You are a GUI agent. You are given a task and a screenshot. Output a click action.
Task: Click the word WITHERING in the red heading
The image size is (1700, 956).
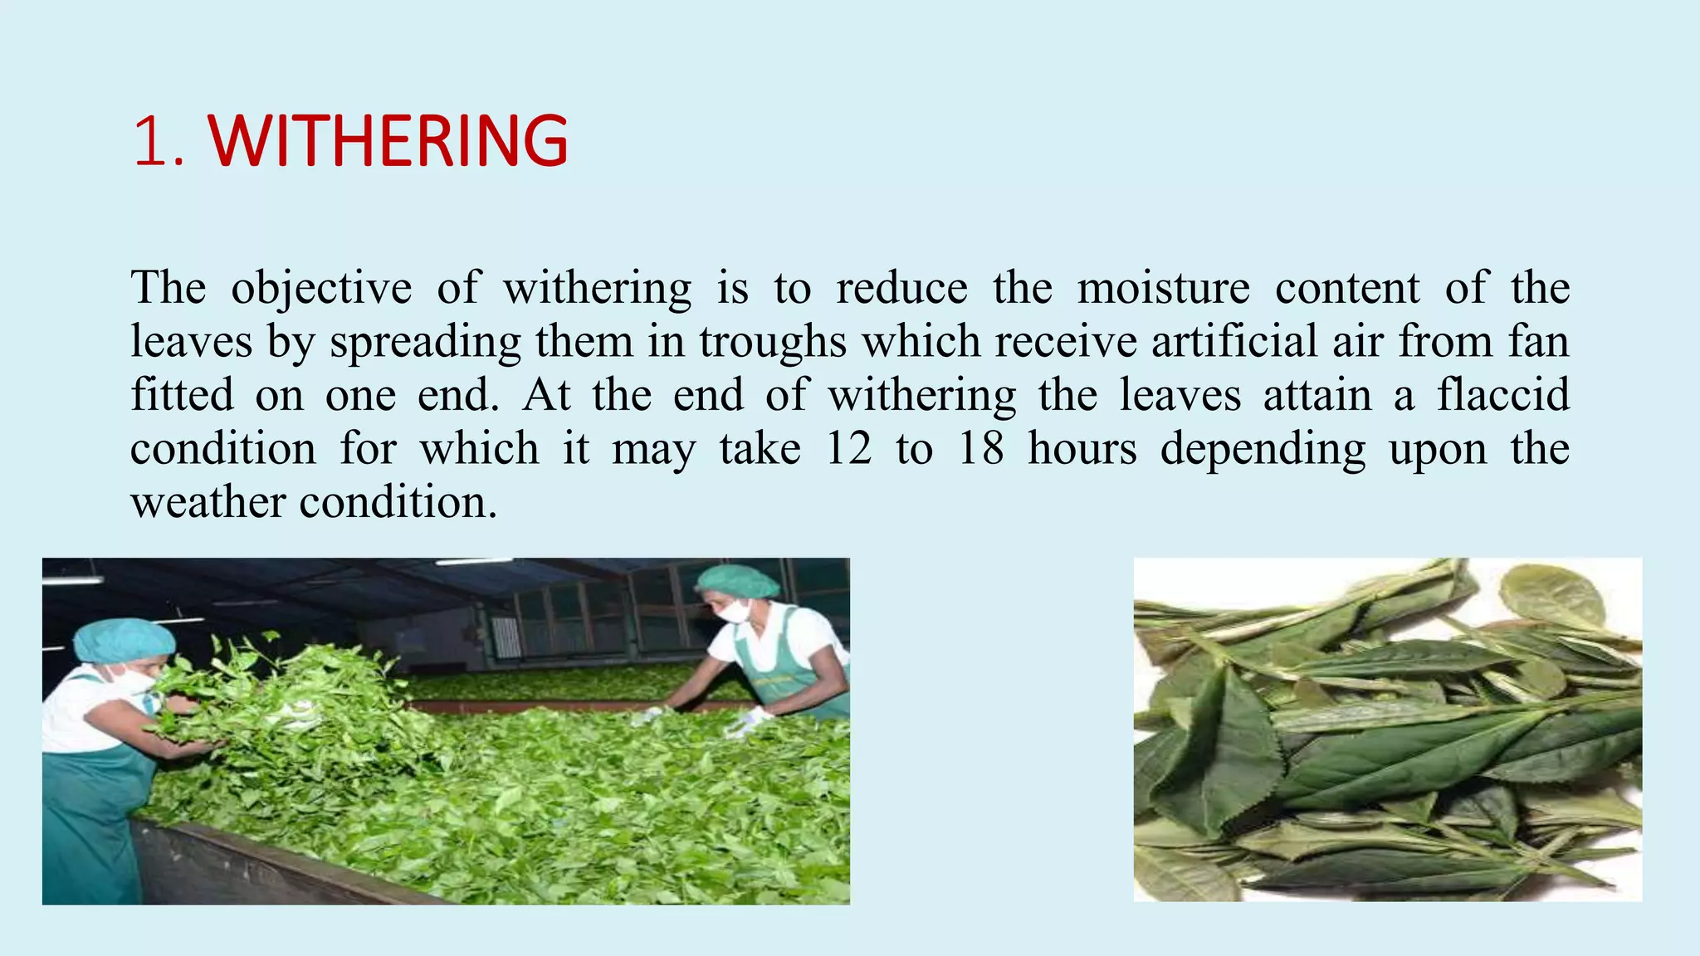tap(388, 141)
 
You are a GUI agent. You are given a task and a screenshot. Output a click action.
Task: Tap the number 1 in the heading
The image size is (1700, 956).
tap(149, 143)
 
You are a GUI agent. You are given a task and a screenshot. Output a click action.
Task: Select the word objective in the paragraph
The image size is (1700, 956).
tap(321, 289)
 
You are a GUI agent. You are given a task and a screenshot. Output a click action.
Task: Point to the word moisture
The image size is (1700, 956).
tap(1163, 289)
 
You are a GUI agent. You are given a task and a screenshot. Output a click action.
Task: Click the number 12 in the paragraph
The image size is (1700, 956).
tap(848, 449)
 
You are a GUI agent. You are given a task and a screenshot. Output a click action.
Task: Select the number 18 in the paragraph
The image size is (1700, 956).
tap(980, 449)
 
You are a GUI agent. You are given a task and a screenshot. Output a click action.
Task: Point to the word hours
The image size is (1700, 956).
tap(1082, 449)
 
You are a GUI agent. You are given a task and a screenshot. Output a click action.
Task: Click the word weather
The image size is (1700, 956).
tap(208, 503)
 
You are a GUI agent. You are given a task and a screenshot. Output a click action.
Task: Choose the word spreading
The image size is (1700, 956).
tap(425, 342)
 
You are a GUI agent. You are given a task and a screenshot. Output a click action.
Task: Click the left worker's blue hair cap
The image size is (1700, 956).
tap(124, 640)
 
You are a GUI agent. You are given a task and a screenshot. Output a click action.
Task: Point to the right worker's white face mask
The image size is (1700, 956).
tap(734, 612)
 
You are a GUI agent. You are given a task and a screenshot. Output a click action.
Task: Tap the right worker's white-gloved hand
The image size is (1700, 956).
tap(743, 724)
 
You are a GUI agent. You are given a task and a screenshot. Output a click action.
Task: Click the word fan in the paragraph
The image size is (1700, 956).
tap(1539, 341)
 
